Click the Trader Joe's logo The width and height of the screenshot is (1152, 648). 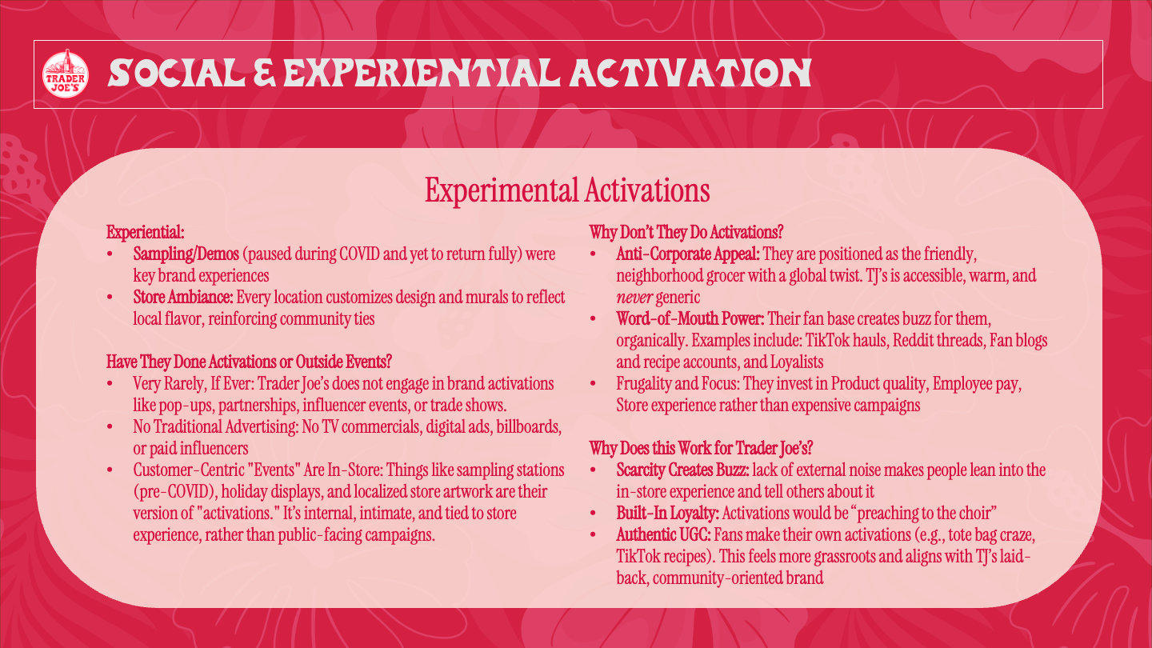click(65, 74)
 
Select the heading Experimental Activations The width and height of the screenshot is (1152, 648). click(567, 190)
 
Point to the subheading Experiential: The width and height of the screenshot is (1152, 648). click(146, 233)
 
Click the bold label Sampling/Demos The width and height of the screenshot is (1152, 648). click(186, 254)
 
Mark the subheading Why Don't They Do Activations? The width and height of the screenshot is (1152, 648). click(686, 233)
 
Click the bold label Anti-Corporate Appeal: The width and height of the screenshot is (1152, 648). click(688, 254)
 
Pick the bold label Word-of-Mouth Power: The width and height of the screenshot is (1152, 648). click(690, 319)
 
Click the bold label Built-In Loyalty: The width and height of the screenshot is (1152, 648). click(667, 512)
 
